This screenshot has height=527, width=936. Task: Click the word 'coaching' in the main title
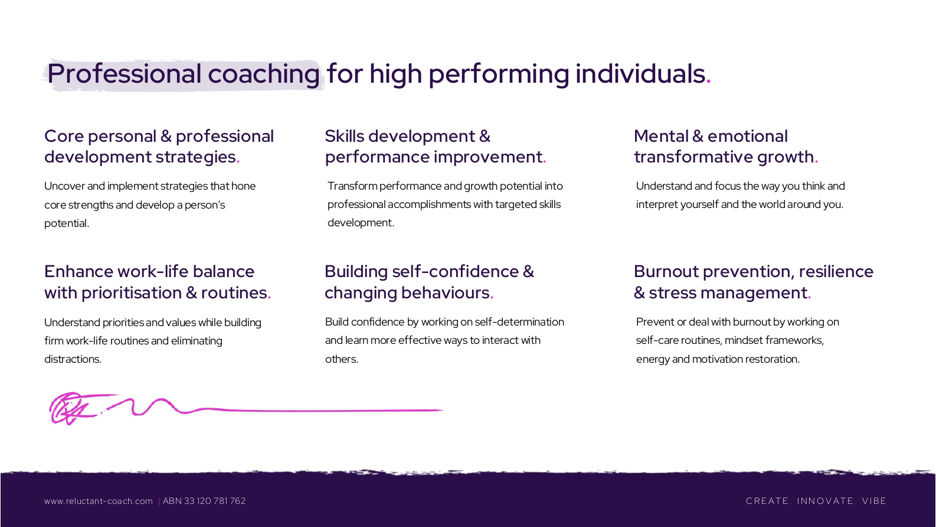264,74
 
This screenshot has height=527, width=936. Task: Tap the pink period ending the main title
709,82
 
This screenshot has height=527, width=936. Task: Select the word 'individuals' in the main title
640,73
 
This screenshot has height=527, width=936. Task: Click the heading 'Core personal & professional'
159,137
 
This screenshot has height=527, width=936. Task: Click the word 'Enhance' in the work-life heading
78,271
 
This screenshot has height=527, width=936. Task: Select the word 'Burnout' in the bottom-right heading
666,271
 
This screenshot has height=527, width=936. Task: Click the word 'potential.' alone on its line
67,223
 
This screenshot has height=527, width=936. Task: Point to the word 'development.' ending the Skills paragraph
361,223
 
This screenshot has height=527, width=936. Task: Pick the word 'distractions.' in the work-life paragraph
73,359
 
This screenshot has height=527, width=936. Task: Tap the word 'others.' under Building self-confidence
341,359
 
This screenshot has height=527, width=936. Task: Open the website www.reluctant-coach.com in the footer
99,501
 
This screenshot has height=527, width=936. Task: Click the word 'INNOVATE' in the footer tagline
825,501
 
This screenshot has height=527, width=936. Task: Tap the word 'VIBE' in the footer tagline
874,501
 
